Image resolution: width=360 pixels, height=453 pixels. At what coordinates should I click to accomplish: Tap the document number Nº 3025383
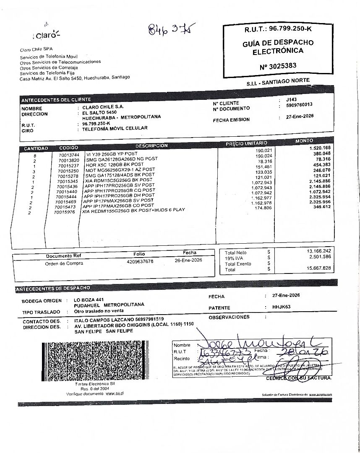[x=278, y=65]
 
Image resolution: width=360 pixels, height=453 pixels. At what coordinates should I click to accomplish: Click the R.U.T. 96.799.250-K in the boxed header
[x=278, y=29]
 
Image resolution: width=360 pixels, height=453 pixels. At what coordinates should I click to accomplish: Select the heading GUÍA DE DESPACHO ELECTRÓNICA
[x=278, y=47]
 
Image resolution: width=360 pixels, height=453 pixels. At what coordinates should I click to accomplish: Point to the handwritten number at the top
[x=172, y=30]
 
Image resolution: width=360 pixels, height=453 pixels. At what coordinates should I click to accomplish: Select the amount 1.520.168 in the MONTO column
[x=320, y=148]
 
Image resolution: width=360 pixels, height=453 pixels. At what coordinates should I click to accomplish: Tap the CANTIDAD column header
[x=36, y=148]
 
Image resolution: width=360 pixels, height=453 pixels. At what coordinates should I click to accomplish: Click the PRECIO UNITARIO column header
[x=246, y=144]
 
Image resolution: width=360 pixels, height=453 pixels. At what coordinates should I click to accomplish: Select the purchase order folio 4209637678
[x=140, y=261]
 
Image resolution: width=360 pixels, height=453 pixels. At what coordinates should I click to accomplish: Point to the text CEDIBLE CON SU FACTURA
[x=298, y=378]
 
